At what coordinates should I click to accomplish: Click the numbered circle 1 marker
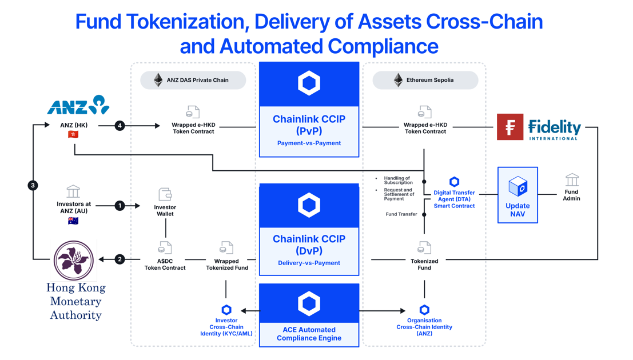[x=120, y=205]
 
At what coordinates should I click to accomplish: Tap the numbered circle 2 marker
[x=120, y=259]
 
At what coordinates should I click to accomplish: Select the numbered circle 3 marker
[x=33, y=185]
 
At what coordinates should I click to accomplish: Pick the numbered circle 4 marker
[x=120, y=126]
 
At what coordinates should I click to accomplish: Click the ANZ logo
[x=78, y=106]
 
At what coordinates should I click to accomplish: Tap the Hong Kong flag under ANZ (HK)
[x=73, y=134]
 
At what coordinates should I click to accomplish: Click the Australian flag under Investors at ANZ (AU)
[x=73, y=221]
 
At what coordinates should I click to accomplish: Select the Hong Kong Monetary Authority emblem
[x=74, y=260]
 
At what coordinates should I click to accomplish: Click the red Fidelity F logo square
[x=509, y=127]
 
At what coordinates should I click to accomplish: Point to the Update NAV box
[x=517, y=195]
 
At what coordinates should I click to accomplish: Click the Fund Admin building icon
[x=572, y=180]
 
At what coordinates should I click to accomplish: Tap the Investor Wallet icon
[x=165, y=194]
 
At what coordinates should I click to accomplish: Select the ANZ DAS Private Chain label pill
[x=193, y=80]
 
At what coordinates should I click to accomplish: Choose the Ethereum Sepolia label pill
[x=425, y=80]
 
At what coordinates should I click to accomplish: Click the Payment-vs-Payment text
[x=309, y=143]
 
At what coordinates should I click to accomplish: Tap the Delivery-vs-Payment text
[x=309, y=263]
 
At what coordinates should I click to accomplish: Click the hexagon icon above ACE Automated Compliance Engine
[x=309, y=304]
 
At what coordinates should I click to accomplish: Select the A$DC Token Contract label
[x=165, y=265]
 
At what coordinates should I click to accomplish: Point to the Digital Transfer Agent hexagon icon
[x=454, y=182]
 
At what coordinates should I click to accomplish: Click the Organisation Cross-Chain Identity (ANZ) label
[x=424, y=327]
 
